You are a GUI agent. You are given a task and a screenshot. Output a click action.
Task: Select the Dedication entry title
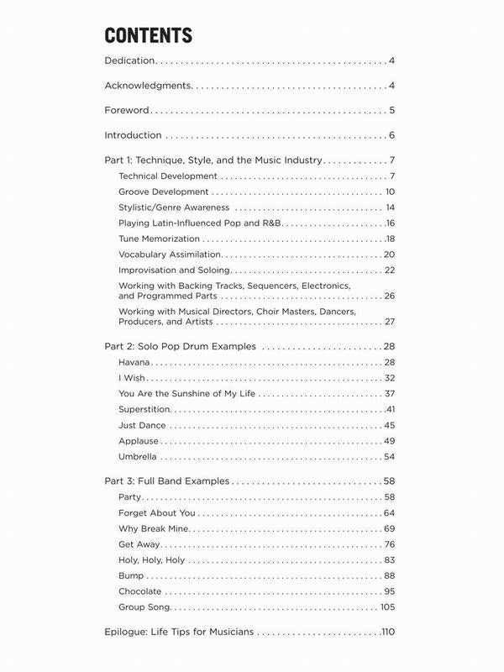(x=130, y=61)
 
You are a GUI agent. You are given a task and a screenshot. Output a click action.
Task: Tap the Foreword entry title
(x=127, y=110)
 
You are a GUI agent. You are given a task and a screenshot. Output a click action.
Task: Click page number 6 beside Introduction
(x=392, y=135)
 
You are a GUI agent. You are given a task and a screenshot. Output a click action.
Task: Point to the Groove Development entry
(x=164, y=192)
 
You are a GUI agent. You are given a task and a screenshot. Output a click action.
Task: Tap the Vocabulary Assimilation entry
(x=170, y=255)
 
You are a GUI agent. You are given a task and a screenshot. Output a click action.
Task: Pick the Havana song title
(x=135, y=362)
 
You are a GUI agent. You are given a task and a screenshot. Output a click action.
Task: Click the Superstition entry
(x=145, y=409)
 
